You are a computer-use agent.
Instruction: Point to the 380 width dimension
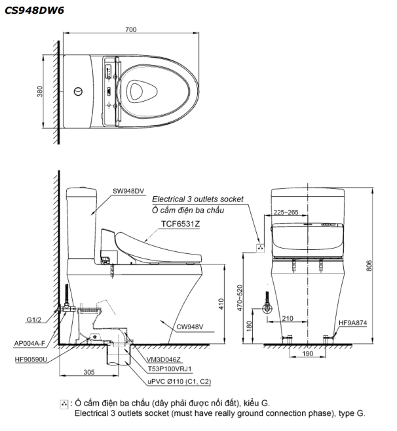click(41, 92)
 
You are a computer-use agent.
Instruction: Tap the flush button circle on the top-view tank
click(79, 91)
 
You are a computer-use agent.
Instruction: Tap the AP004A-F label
click(30, 343)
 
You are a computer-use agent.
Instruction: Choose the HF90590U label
click(31, 359)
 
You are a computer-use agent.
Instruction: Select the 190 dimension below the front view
click(308, 355)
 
